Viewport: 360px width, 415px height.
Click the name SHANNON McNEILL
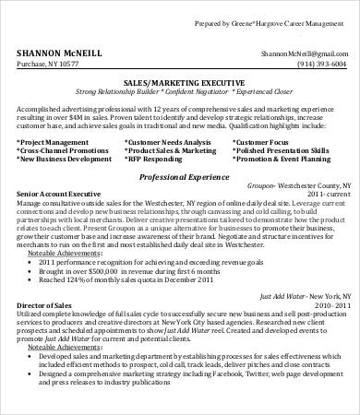click(62, 53)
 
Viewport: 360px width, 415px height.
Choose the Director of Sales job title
click(42, 302)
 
